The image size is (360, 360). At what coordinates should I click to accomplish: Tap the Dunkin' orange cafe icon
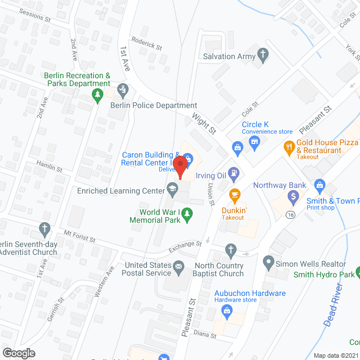[234, 195]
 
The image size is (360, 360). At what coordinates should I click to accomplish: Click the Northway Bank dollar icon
[292, 197]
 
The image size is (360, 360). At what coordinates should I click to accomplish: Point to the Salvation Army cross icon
[262, 55]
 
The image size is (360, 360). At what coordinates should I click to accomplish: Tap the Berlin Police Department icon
[123, 89]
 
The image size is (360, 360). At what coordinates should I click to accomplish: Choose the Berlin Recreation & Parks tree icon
[98, 93]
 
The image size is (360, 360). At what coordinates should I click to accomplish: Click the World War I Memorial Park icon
[188, 213]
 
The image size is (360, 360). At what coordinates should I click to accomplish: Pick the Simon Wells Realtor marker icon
[268, 262]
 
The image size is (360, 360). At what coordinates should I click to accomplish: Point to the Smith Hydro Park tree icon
[358, 274]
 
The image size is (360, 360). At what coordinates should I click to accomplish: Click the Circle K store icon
[255, 141]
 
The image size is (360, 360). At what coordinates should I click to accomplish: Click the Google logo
[18, 353]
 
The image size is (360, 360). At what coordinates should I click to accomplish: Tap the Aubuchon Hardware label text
[250, 293]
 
